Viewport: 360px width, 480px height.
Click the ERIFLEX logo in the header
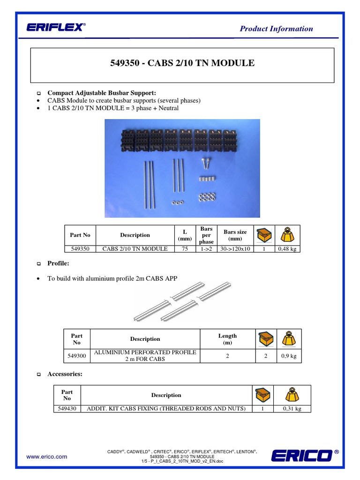point(56,28)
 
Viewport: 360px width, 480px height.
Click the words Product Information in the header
point(276,29)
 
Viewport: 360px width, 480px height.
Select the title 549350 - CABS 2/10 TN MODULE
point(182,63)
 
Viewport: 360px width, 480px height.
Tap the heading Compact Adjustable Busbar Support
point(95,93)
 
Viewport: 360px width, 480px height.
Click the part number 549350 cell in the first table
point(80,249)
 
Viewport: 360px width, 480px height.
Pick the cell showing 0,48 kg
point(287,249)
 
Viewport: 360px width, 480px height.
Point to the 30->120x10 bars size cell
point(235,249)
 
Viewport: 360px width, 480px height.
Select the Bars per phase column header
point(206,235)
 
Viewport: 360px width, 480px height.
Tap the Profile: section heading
point(58,263)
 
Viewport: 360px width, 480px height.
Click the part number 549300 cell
point(76,356)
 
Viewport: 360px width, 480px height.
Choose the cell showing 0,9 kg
point(289,356)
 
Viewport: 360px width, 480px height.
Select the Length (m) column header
point(227,339)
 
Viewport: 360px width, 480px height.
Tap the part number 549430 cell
point(67,409)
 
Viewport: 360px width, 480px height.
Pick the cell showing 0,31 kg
point(292,409)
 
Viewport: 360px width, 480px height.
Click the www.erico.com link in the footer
point(46,456)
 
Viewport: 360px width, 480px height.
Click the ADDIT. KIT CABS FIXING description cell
point(166,409)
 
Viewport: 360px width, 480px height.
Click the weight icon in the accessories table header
point(292,395)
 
